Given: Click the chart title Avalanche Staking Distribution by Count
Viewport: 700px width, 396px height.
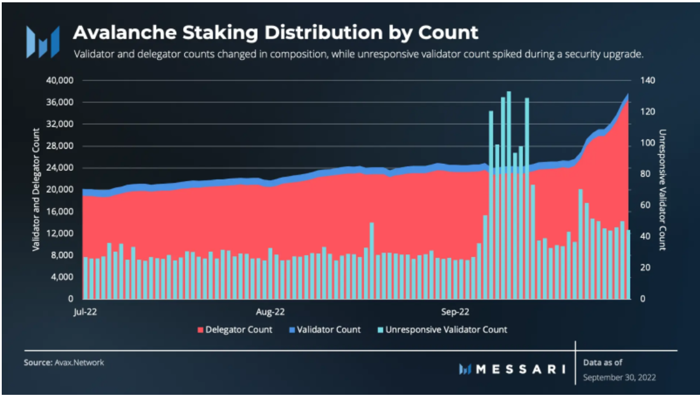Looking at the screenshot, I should (275, 32).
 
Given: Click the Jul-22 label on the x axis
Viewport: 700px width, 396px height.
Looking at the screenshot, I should (85, 311).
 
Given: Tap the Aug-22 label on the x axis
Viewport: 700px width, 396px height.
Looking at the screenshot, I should (271, 311).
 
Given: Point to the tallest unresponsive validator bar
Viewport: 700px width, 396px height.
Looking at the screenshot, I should (509, 175).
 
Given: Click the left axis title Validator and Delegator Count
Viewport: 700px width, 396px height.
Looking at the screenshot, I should (36, 190).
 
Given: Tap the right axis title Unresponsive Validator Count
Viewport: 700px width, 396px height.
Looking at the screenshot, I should (662, 190).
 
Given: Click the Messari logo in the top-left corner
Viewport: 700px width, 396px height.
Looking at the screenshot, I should (43, 41).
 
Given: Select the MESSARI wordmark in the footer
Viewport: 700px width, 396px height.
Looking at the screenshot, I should (513, 369).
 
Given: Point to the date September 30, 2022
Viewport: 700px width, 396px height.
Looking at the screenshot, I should (619, 377).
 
